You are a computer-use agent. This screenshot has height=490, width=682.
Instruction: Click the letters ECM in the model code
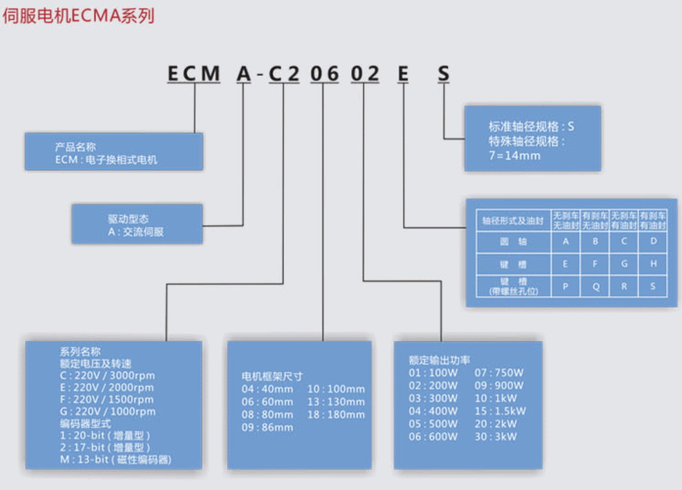pyautogui.click(x=193, y=74)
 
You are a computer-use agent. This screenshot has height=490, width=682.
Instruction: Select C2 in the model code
pyautogui.click(x=284, y=74)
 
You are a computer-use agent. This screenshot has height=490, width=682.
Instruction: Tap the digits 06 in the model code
pyautogui.click(x=322, y=74)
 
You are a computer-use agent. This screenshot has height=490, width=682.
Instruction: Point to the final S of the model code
pyautogui.click(x=444, y=74)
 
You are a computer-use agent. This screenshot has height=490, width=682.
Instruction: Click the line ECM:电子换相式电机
pyautogui.click(x=106, y=160)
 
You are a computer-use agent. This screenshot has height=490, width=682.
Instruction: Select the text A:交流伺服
pyautogui.click(x=136, y=232)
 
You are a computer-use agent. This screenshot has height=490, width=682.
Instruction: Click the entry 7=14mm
pyautogui.click(x=515, y=155)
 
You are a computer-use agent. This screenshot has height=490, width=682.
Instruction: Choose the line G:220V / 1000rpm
pyautogui.click(x=107, y=412)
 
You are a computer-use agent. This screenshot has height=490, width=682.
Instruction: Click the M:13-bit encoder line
pyautogui.click(x=115, y=460)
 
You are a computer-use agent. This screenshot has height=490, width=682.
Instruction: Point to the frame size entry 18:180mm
pyautogui.click(x=336, y=415)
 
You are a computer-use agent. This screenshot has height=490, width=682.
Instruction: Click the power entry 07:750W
pyautogui.click(x=499, y=373)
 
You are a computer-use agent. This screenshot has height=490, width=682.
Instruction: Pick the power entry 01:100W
pyautogui.click(x=433, y=373)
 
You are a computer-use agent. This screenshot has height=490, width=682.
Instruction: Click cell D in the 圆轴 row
pyautogui.click(x=653, y=241)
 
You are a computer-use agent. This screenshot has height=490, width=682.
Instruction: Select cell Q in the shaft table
pyautogui.click(x=596, y=287)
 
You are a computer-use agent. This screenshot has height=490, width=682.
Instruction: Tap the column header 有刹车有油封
pyautogui.click(x=653, y=220)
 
